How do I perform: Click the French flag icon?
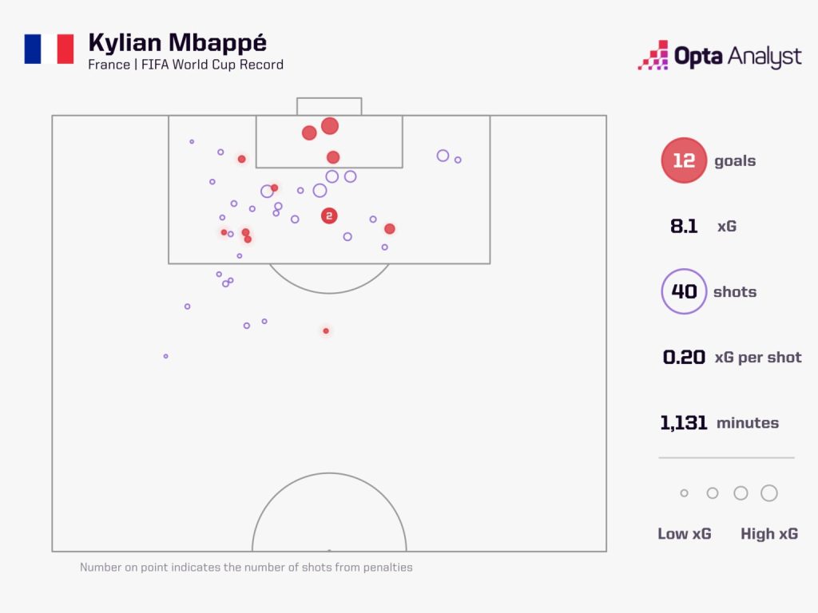pos(49,49)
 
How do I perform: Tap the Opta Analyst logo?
pos(719,56)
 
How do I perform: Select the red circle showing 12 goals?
pos(684,160)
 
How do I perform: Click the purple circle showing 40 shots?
pos(684,291)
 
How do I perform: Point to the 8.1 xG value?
pos(684,227)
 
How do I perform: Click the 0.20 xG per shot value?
pos(684,357)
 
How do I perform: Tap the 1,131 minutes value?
pos(684,423)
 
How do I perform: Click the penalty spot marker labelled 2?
pos(329,216)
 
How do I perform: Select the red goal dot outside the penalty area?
pos(325,330)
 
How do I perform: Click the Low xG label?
pos(684,534)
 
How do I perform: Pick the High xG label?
pos(768,534)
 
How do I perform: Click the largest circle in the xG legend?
pos(768,493)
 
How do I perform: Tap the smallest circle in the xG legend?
pos(684,493)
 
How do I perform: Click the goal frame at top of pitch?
pos(329,106)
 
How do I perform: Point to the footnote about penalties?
pos(246,568)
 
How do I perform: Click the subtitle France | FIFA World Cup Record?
pos(185,65)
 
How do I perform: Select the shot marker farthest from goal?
pos(165,356)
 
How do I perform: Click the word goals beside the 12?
pos(735,161)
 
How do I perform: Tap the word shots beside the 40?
pos(735,292)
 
